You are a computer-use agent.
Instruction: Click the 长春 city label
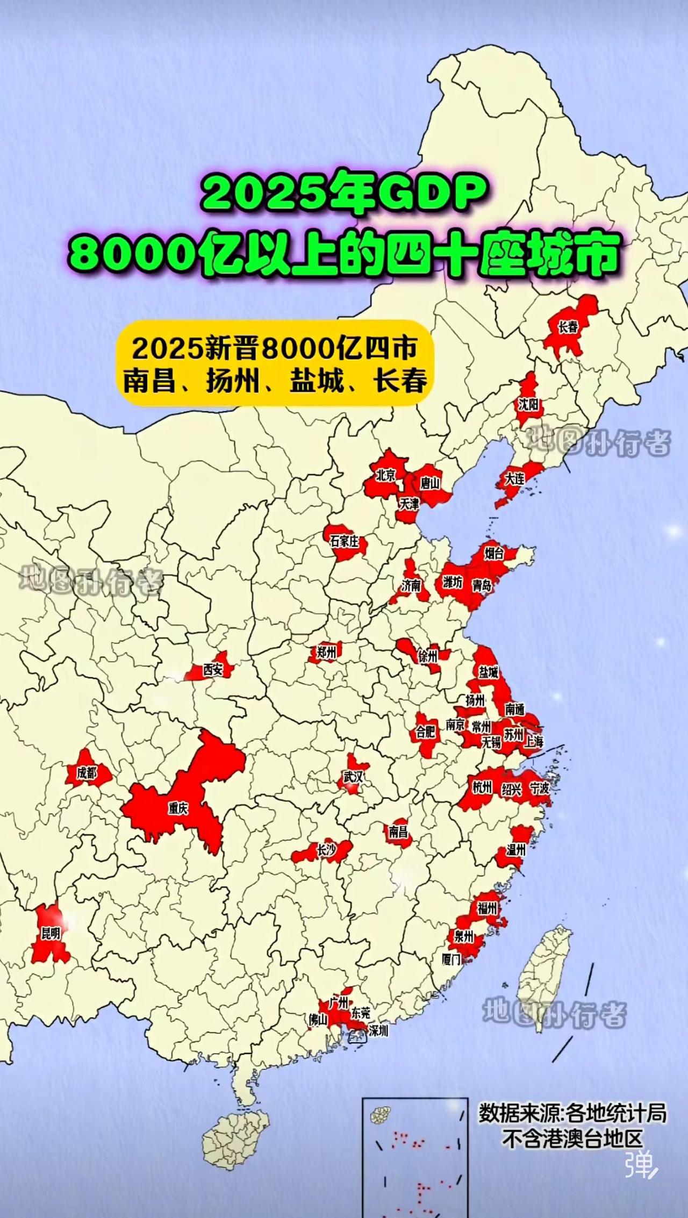(568, 327)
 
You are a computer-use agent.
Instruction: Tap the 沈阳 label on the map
(528, 404)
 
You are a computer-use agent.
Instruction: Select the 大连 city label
(514, 478)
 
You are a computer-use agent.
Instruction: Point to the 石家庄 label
(344, 541)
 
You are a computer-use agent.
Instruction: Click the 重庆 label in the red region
(178, 808)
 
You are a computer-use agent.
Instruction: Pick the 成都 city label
(87, 773)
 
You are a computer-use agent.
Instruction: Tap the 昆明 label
(51, 933)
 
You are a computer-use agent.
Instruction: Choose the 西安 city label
(213, 669)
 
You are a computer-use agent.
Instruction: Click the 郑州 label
(326, 653)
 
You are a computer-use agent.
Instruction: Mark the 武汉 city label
(353, 777)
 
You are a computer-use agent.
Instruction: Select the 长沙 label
(326, 850)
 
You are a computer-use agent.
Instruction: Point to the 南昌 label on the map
(398, 832)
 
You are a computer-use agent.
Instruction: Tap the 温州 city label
(515, 850)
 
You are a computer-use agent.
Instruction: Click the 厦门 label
(451, 958)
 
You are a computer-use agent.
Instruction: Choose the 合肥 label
(425, 731)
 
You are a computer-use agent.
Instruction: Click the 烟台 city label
(493, 553)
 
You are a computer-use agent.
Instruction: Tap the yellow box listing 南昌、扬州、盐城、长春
(274, 363)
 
